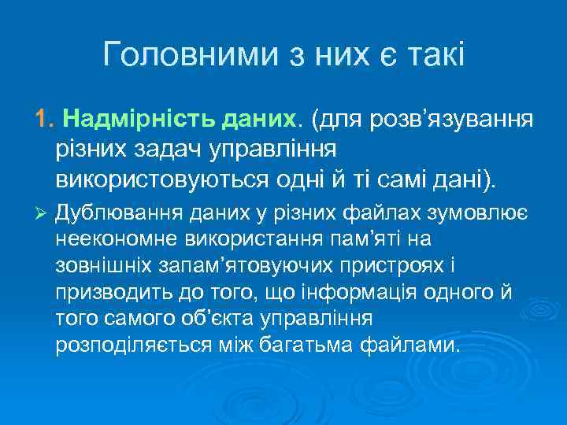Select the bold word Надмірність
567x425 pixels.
(x=125, y=120)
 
